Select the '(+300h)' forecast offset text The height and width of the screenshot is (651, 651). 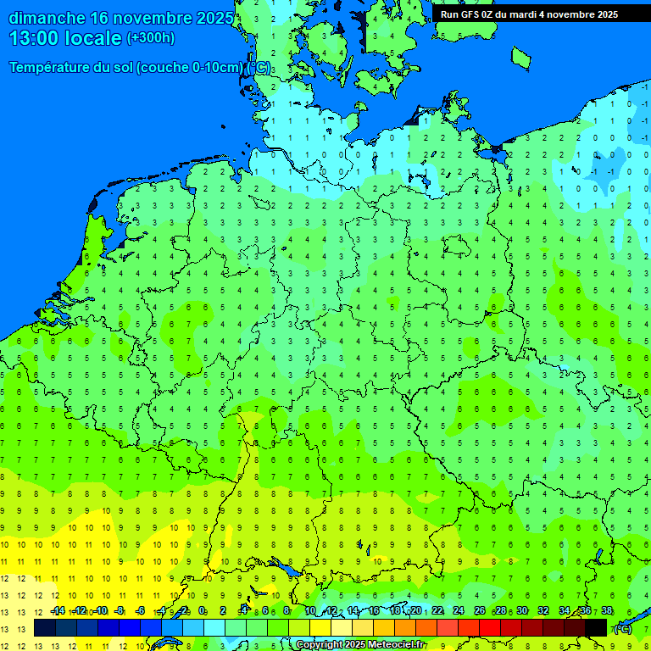pos(150,38)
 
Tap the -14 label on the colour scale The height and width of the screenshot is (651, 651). pos(58,611)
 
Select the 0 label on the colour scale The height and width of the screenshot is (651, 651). pos(202,611)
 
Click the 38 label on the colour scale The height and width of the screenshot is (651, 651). pos(606,611)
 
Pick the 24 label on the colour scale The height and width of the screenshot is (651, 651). pos(459,611)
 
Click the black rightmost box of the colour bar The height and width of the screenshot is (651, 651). pos(596,627)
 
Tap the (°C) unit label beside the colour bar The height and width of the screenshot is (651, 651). pos(623,628)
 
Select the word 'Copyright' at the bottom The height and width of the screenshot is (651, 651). pos(320,645)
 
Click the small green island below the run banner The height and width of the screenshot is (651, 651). pos(520,58)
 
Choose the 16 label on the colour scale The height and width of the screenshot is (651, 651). pos(373,611)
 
